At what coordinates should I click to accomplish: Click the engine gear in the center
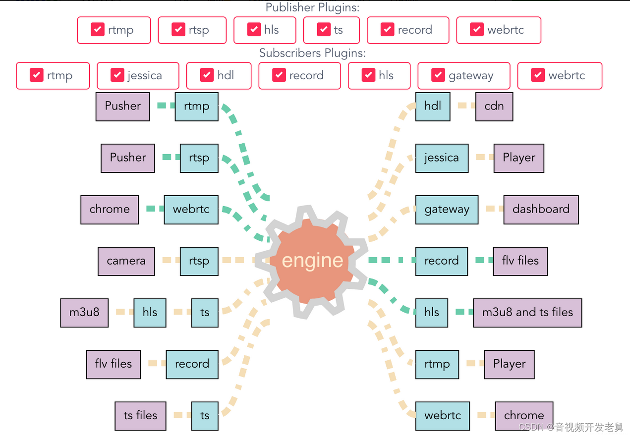[312, 261]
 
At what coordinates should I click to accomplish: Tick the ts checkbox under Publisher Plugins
[324, 30]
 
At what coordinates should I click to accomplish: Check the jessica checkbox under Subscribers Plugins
[117, 75]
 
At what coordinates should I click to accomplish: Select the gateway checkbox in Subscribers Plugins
[438, 75]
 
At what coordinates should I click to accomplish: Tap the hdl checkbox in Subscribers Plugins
[207, 75]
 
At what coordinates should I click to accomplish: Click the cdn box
[494, 106]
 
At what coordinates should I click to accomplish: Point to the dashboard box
[541, 209]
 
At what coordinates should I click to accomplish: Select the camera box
[126, 261]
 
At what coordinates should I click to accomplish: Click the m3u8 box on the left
[84, 313]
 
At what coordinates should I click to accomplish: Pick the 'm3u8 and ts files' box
[527, 313]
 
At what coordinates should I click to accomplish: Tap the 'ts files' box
[140, 416]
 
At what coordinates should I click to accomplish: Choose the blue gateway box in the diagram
[447, 209]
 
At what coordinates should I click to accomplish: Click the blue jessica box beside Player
[442, 158]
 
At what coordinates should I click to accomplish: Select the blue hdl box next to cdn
[433, 106]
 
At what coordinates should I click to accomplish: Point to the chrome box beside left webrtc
[110, 209]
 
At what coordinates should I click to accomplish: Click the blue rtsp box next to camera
[199, 261]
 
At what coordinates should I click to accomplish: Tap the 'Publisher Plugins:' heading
[312, 7]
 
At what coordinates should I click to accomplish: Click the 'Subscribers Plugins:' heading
[312, 53]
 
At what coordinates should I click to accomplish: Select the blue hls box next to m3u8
[150, 313]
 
